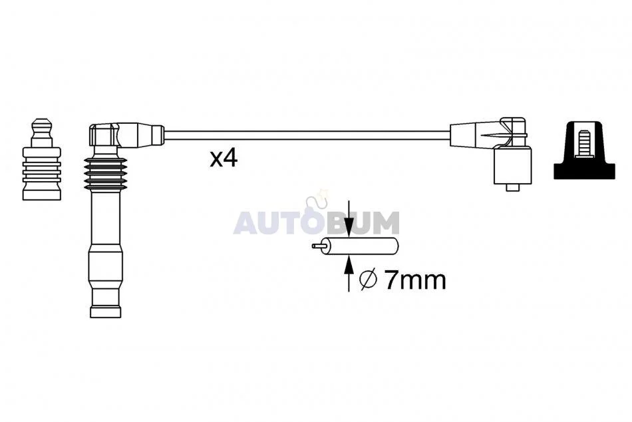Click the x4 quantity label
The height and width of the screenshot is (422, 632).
(224, 158)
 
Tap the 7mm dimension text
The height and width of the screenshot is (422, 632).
(415, 280)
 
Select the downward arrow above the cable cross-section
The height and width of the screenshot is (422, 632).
(349, 218)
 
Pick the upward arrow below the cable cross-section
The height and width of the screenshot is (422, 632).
(349, 274)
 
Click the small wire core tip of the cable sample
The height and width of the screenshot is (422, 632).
(317, 246)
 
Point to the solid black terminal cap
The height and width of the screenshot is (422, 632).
(585, 149)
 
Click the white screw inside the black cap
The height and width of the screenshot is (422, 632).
(585, 143)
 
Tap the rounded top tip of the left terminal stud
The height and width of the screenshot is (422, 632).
(41, 122)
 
